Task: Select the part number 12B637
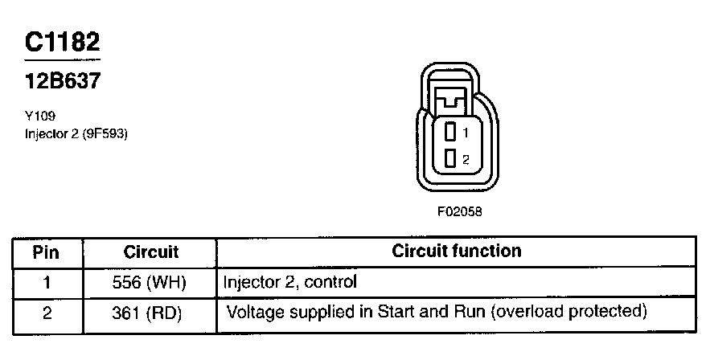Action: [x=63, y=81]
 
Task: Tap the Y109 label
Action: [x=40, y=116]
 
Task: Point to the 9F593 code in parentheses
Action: [x=103, y=133]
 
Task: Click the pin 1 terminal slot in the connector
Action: [x=450, y=131]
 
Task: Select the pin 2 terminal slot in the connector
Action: [x=450, y=157]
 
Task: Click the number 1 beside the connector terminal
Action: [x=466, y=132]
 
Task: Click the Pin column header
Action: [x=47, y=252]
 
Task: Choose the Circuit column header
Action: [x=150, y=252]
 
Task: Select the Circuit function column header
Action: [x=456, y=251]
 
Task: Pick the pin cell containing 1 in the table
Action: [x=47, y=282]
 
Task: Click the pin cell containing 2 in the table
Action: [x=47, y=311]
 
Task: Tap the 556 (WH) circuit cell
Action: [x=150, y=282]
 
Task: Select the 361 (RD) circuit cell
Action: [x=150, y=311]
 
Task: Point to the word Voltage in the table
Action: [x=253, y=310]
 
